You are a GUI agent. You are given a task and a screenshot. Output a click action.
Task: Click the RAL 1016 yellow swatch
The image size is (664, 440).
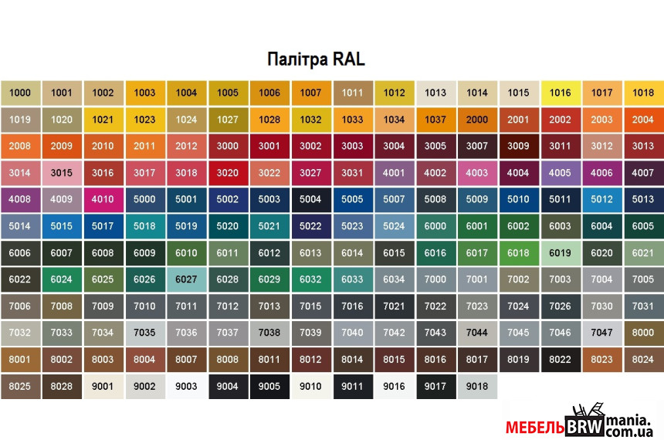(560, 93)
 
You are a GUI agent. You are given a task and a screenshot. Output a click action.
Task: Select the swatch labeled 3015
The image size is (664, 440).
(61, 173)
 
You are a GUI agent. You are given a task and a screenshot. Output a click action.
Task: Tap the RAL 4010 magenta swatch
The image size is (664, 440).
(103, 199)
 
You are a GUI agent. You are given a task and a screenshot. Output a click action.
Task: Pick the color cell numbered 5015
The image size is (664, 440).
(61, 226)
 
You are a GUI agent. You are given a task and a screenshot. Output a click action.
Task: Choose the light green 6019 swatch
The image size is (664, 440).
(560, 252)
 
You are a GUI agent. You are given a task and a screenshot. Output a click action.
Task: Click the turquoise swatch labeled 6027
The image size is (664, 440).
(186, 279)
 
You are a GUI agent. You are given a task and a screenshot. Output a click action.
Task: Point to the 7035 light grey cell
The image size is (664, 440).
(144, 333)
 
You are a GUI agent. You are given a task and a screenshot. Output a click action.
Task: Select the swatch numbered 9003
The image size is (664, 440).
(186, 386)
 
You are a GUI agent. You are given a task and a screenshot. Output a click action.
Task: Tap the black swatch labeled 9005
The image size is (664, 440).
(269, 386)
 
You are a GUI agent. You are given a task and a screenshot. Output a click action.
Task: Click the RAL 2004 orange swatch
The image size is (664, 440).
(643, 120)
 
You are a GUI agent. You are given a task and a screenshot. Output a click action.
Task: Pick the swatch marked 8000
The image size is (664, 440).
(643, 333)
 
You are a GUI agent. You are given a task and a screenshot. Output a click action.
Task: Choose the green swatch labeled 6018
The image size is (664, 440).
(518, 252)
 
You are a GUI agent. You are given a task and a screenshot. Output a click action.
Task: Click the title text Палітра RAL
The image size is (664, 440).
(316, 59)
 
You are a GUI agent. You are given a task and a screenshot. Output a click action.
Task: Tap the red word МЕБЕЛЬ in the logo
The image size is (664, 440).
(535, 427)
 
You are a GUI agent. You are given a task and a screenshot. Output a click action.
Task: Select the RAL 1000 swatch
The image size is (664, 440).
(20, 93)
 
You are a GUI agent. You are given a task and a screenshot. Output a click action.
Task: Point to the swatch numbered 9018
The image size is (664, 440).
(477, 386)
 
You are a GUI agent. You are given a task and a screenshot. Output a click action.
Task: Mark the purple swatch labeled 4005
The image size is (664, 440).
(560, 173)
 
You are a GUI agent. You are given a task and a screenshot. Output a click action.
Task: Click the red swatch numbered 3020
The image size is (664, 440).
(228, 173)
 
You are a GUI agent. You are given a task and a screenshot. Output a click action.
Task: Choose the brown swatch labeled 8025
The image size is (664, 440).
(20, 386)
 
